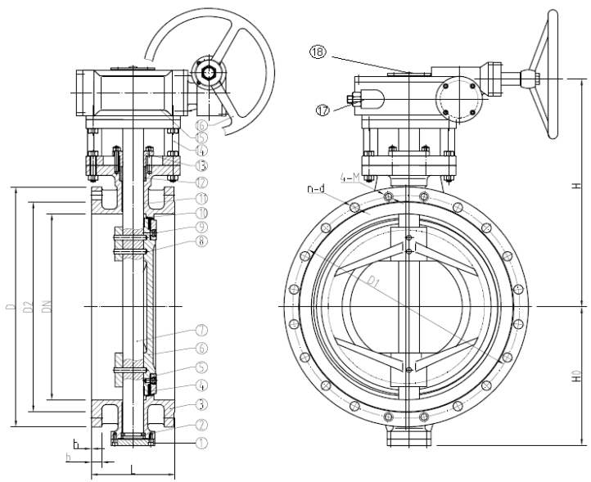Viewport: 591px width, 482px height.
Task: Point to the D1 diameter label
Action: click(x=374, y=282)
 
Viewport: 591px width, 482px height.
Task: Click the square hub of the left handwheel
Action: click(x=209, y=74)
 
